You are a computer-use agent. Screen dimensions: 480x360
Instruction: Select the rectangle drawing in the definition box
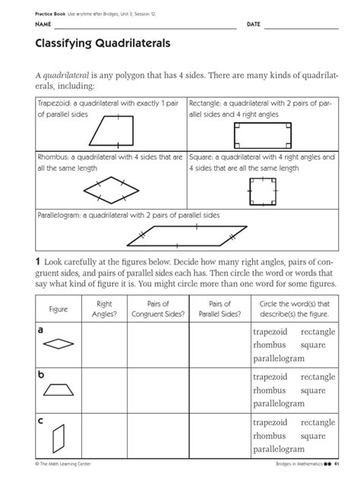261,134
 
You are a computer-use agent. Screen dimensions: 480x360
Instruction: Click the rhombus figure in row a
58,344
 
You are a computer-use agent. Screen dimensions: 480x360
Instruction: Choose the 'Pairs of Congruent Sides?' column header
156,308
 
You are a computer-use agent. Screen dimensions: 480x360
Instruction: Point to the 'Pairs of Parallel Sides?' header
214,308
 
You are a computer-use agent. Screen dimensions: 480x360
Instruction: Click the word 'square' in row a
313,345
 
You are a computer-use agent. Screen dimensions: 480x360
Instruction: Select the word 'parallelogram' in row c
278,450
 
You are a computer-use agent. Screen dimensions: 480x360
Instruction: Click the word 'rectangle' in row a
317,332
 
